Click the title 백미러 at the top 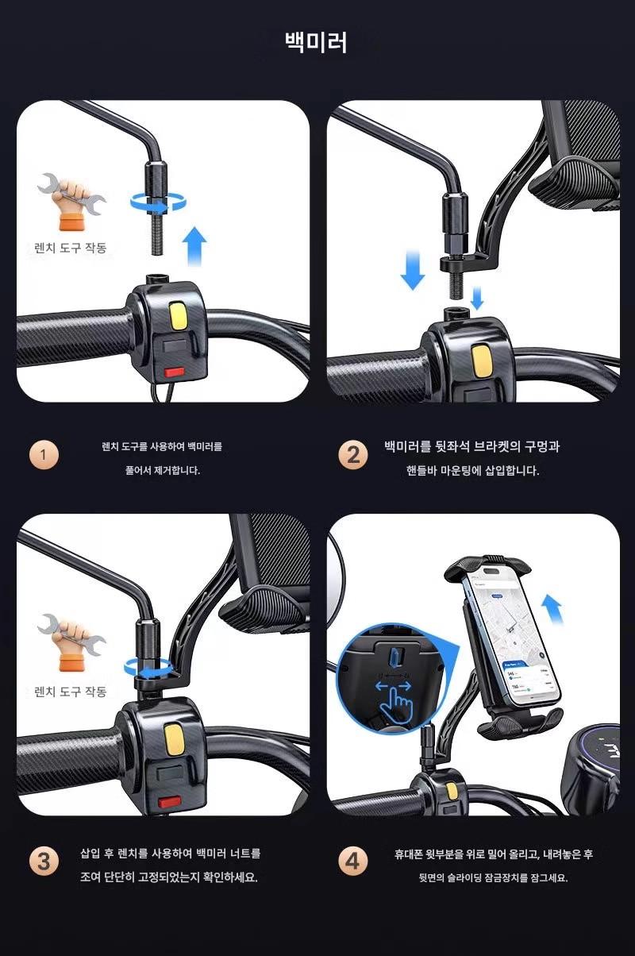pos(316,42)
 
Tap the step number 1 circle pos(44,456)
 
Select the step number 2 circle pos(353,456)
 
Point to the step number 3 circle pos(44,862)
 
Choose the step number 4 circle pos(353,862)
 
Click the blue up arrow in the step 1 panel pos(194,246)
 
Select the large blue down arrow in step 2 pos(413,271)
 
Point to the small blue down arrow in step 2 pos(477,299)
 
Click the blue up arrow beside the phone pos(552,611)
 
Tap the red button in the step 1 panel pos(174,372)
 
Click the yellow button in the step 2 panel pos(481,361)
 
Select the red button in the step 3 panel pos(169,803)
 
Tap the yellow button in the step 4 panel pos(452,792)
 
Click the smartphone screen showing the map pos(514,635)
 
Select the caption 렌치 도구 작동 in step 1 pos(71,248)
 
